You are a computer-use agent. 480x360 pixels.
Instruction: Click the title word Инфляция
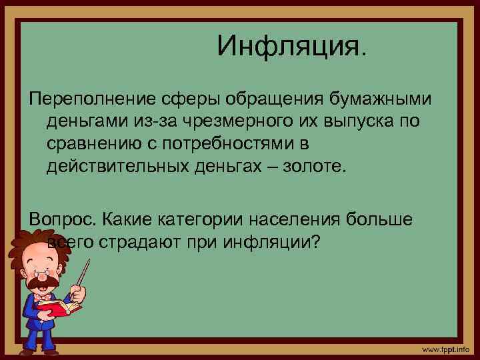click(291, 46)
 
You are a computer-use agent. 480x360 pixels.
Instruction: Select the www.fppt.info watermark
click(446, 349)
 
